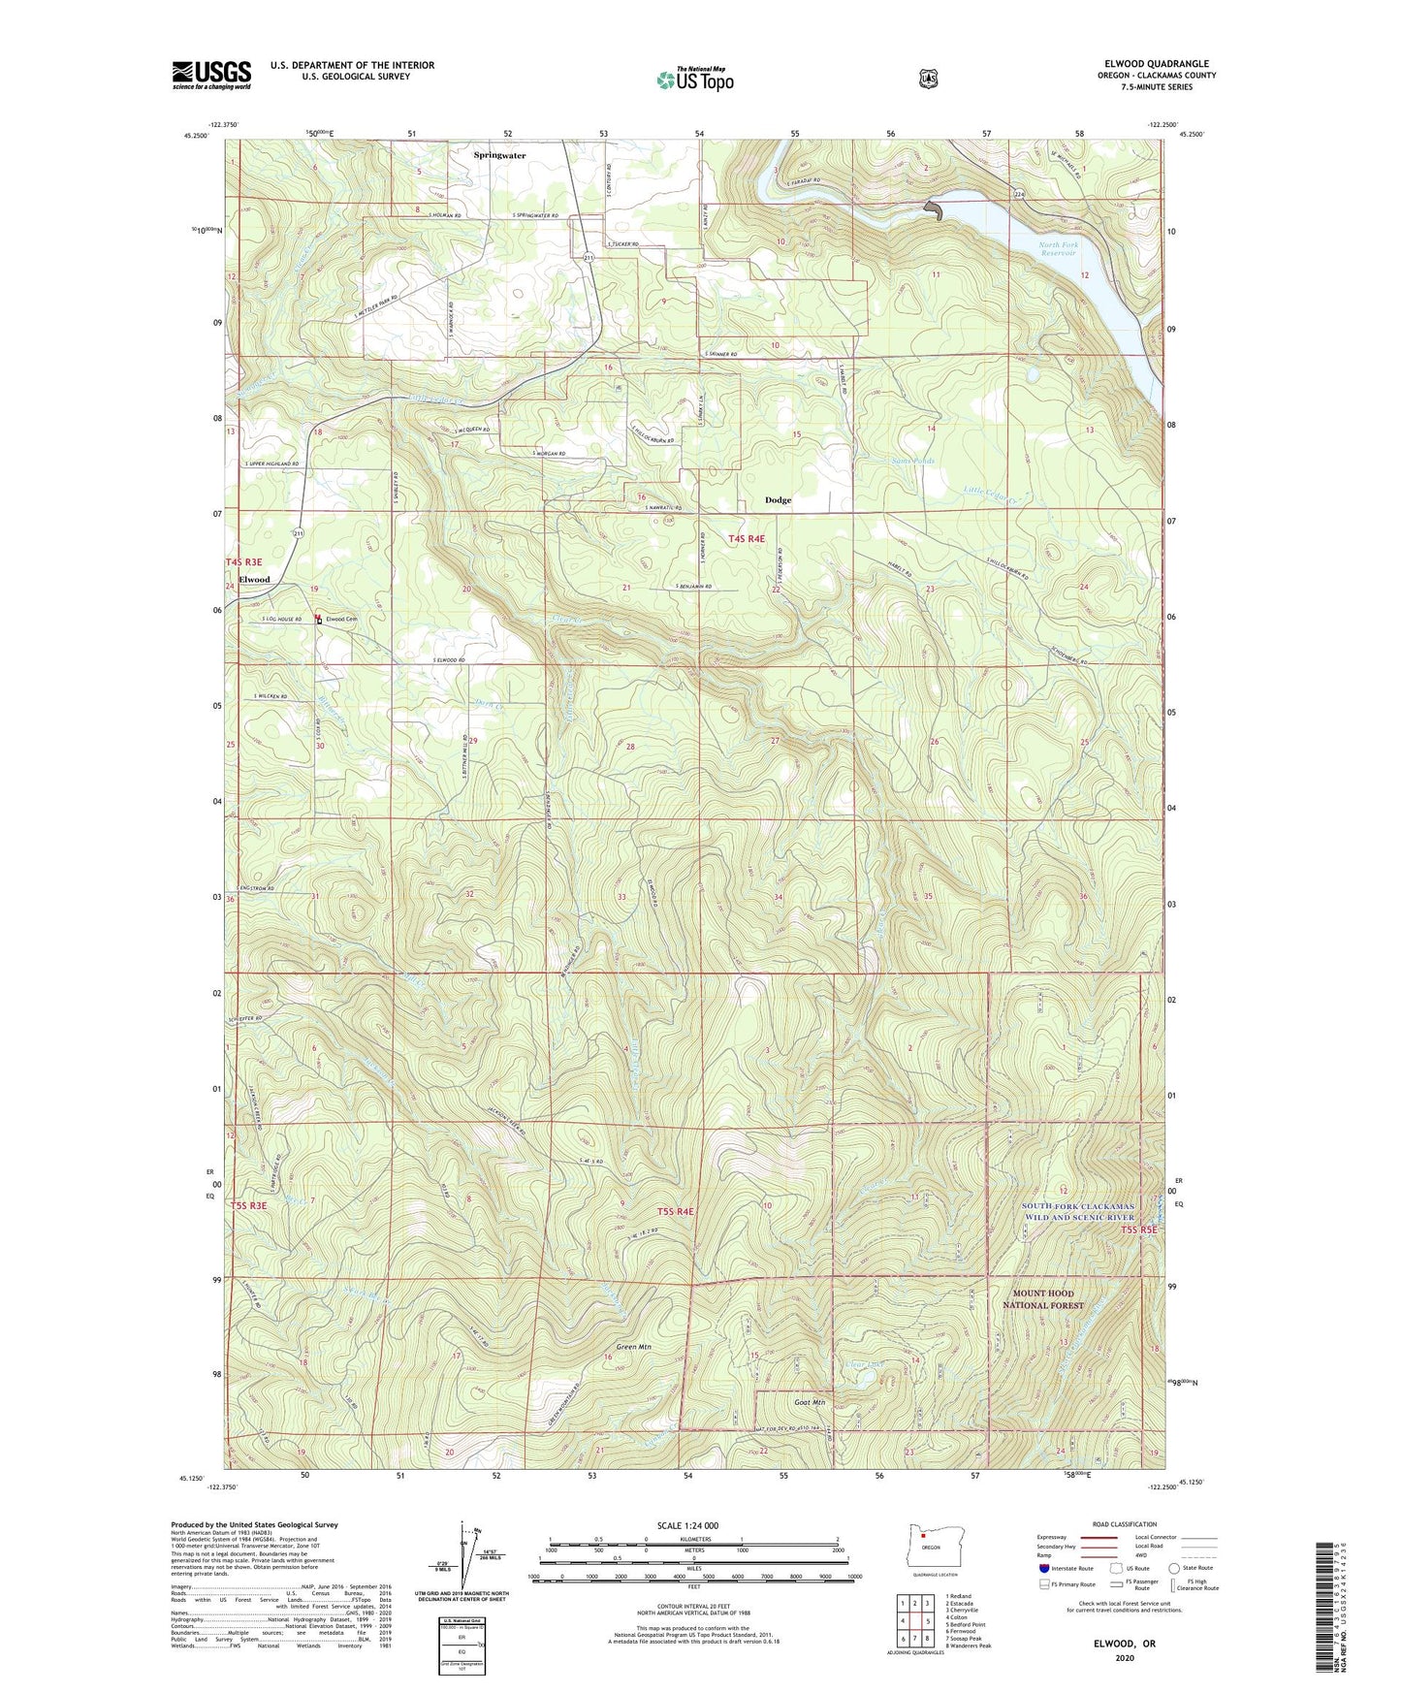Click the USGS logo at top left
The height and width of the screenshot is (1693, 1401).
tap(211, 75)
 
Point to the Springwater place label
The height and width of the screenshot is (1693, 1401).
tap(499, 155)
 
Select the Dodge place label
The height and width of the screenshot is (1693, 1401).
tap(778, 500)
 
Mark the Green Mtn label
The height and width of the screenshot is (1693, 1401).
tap(633, 1347)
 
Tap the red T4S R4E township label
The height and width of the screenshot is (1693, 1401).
tap(747, 538)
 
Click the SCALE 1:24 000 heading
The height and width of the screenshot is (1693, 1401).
tap(687, 1525)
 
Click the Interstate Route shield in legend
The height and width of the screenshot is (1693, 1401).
tap(1043, 1568)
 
